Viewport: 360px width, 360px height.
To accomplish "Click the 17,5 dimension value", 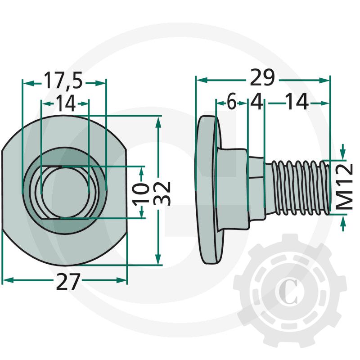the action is pos(63,80).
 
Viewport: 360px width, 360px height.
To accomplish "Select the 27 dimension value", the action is pos(68,282).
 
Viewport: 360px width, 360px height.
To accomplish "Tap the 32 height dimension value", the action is pos(162,193).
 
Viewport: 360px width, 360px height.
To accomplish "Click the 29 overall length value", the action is pos(262,77).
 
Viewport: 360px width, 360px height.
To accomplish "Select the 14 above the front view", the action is pos(65,103).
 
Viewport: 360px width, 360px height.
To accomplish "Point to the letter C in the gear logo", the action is pos(289,291).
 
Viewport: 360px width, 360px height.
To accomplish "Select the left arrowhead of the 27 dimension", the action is pos(7,280).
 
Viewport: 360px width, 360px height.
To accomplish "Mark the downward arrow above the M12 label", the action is pos(343,152).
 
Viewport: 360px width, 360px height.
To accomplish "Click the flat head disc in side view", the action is pos(208,189).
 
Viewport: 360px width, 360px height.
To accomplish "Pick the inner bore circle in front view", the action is pos(65,193).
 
